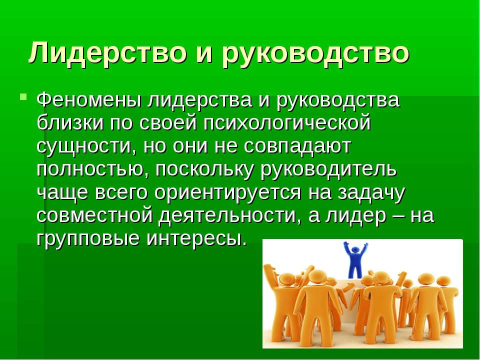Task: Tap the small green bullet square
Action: pyautogui.click(x=23, y=97)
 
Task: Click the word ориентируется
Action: pyautogui.click(x=228, y=193)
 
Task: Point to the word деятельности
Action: pyautogui.click(x=228, y=216)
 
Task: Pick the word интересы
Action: pyautogui.click(x=195, y=239)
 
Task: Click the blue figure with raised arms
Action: pyautogui.click(x=355, y=259)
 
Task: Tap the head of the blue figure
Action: pyautogui.click(x=355, y=249)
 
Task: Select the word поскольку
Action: pyautogui.click(x=204, y=170)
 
